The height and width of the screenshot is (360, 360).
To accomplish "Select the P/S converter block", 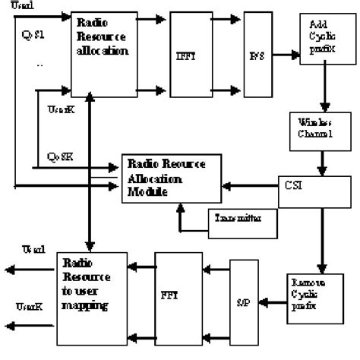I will click(x=257, y=55).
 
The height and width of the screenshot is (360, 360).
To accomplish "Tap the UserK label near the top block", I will click(x=55, y=111).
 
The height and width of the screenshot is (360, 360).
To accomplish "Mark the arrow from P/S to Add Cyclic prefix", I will click(x=285, y=55).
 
